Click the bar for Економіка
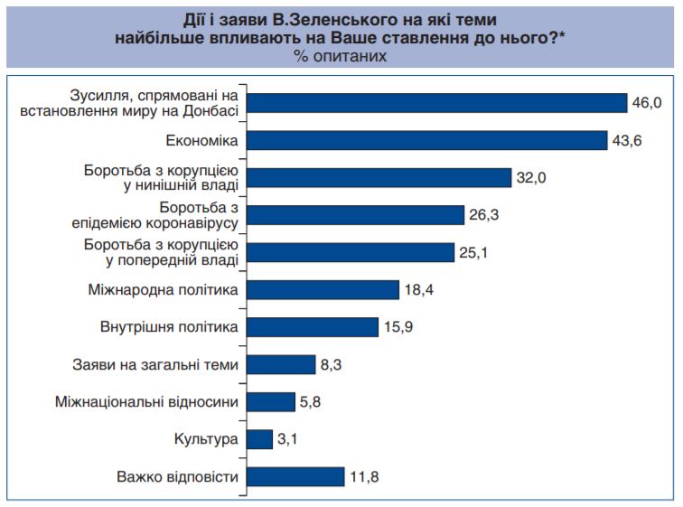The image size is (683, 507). point(426,140)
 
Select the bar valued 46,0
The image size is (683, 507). point(437,103)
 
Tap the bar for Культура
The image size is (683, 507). point(260,439)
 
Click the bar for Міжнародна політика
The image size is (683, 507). point(323,290)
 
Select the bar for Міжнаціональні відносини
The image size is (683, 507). point(271,402)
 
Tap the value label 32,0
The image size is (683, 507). point(532,178)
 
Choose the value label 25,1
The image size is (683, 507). point(473,253)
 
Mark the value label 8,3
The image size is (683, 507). point(332,365)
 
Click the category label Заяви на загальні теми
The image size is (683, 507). point(154,365)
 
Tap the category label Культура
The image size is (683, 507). point(206,439)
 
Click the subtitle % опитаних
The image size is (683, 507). point(341,56)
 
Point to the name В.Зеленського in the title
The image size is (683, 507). point(296,18)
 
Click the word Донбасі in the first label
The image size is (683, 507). point(212,111)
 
